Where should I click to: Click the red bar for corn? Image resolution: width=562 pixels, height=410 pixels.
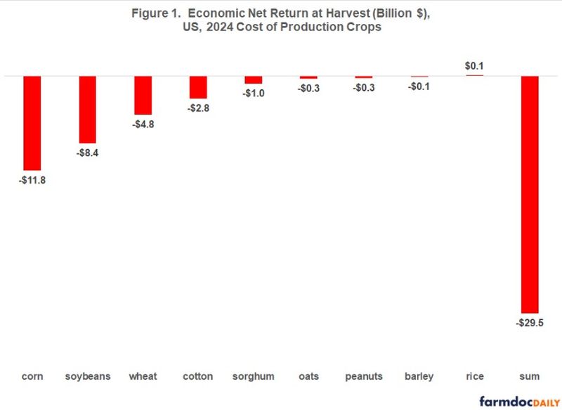point(32,122)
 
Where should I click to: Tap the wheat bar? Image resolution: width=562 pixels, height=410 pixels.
point(143,95)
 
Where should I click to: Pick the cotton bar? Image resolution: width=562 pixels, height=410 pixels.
point(198,87)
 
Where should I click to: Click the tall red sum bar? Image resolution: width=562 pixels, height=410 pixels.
point(529,194)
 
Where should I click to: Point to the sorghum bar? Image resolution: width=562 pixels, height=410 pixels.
point(253,79)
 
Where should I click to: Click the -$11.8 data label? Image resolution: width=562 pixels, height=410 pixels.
point(32,180)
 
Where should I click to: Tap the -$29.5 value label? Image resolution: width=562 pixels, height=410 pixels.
point(529,323)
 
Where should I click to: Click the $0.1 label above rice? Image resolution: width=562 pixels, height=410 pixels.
point(474,67)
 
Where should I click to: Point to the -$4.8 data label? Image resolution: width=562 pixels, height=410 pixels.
point(143,124)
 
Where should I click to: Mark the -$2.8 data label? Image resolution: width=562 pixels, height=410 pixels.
point(198,108)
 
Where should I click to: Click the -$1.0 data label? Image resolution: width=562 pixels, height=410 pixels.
point(253,93)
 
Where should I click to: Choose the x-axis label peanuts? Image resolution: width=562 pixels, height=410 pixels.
point(364,376)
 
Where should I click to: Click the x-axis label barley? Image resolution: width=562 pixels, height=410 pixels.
point(419,376)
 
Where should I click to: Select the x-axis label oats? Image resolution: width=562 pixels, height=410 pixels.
point(308,376)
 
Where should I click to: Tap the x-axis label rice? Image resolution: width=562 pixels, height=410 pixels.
point(474,376)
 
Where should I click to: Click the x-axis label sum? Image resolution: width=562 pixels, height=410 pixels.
point(529,376)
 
